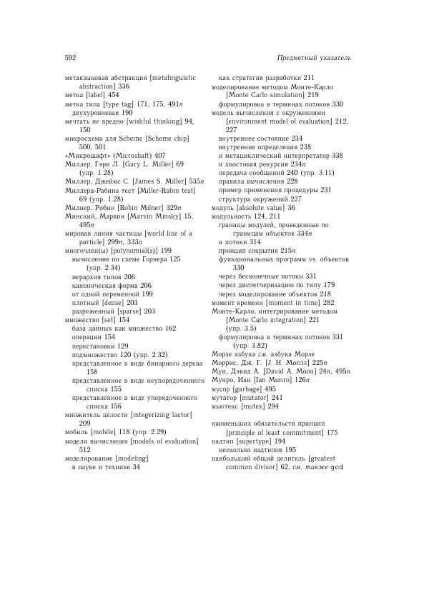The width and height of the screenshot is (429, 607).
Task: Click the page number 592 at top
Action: coord(70,57)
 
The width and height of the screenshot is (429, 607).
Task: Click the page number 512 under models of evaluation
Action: coord(84,451)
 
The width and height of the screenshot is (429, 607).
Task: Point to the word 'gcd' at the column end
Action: coord(339,468)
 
